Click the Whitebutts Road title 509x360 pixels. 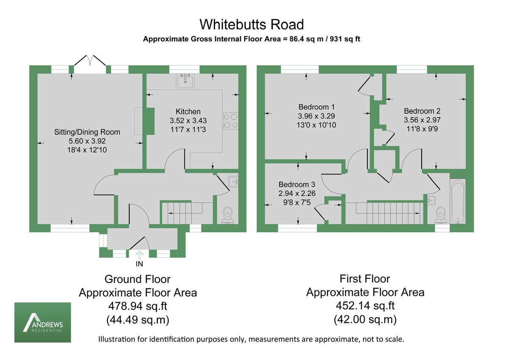pyautogui.click(x=252, y=24)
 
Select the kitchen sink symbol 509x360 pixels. pyautogui.click(x=186, y=80)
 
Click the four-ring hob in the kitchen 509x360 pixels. pyautogui.click(x=229, y=120)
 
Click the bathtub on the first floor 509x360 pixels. pyautogui.click(x=458, y=201)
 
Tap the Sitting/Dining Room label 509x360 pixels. pyautogui.click(x=87, y=132)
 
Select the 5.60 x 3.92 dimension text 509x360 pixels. pyautogui.click(x=87, y=141)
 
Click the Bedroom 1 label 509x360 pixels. pyautogui.click(x=316, y=107)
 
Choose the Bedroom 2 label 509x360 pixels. pyautogui.click(x=422, y=111)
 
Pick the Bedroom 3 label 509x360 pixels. pyautogui.click(x=297, y=185)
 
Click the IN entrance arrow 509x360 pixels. pyautogui.click(x=139, y=255)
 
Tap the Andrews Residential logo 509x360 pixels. pyautogui.click(x=43, y=323)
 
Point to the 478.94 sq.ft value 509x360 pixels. pyautogui.click(x=137, y=306)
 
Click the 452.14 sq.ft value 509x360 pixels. pyautogui.click(x=365, y=306)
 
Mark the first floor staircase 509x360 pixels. pyautogui.click(x=389, y=212)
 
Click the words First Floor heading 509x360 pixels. pyautogui.click(x=365, y=279)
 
